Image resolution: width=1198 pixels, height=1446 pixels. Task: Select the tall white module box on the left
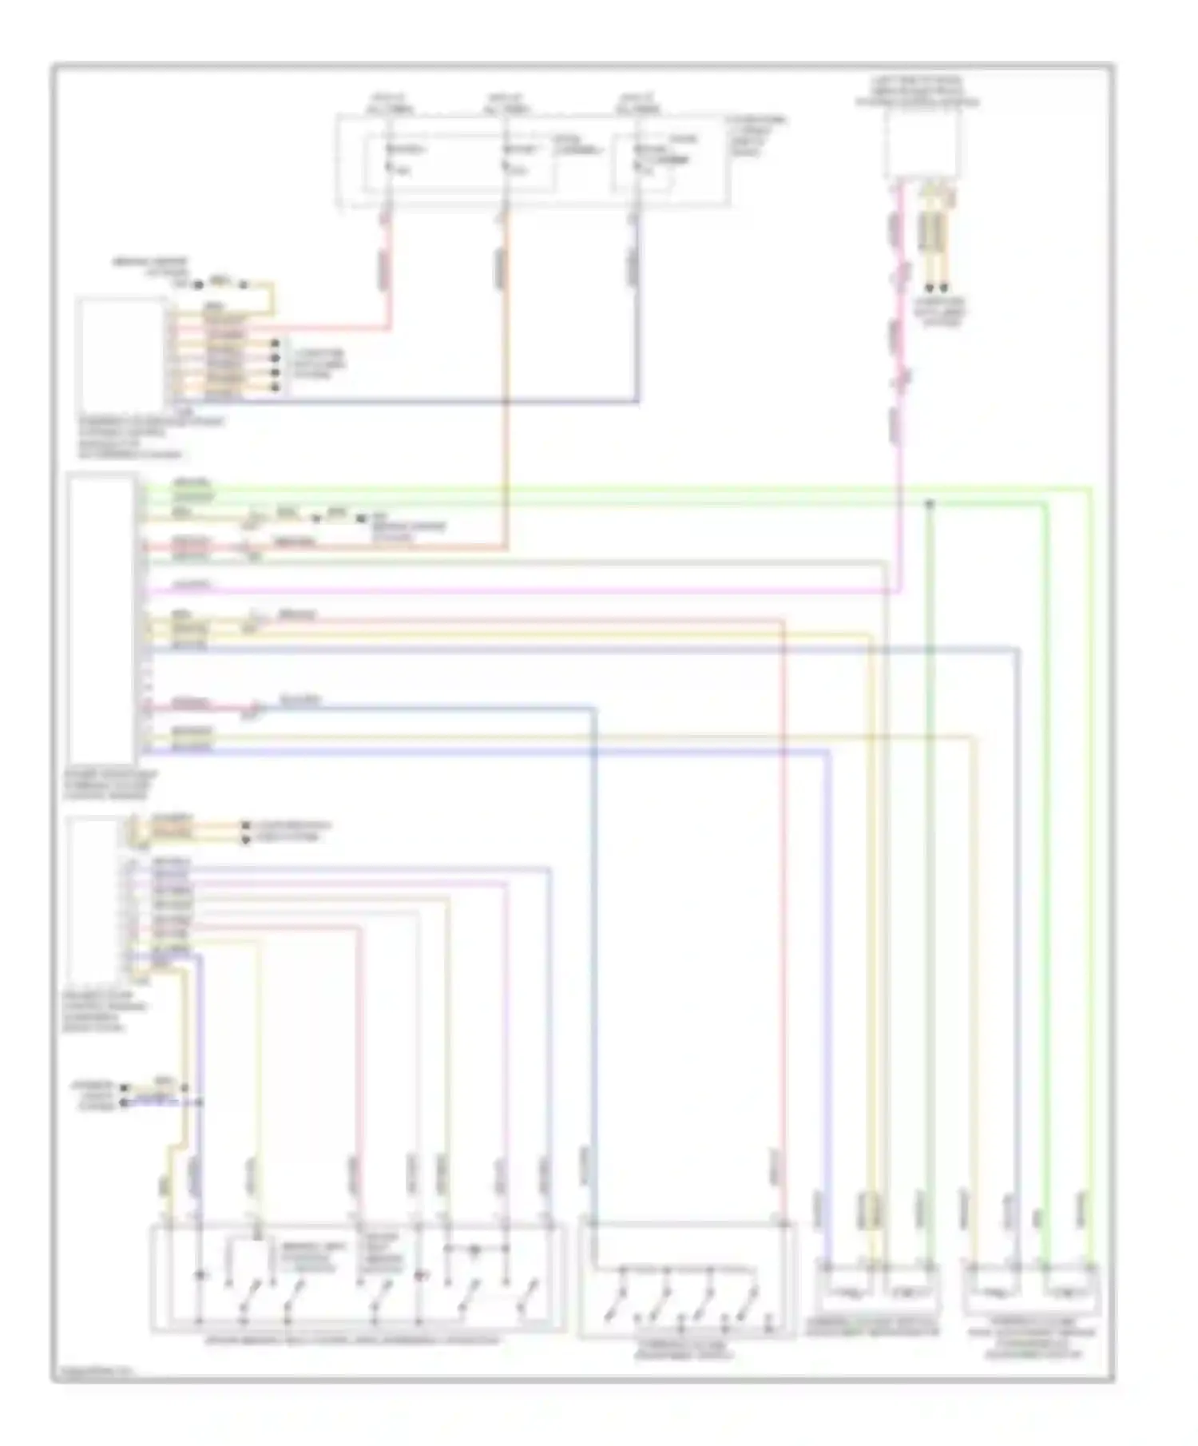101,620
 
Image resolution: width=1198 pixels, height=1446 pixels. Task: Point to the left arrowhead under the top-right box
929,288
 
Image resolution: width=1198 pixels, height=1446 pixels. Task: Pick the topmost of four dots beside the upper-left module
276,343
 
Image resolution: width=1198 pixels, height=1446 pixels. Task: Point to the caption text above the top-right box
918,92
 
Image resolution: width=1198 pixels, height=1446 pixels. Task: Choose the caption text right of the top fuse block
755,136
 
